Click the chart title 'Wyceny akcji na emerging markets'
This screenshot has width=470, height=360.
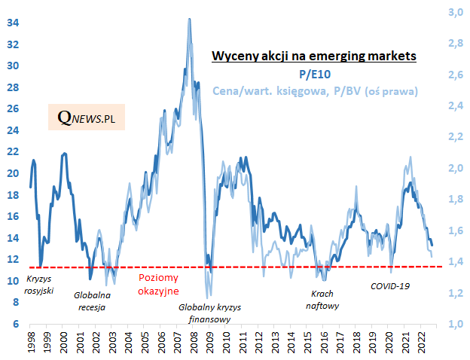pos(314,56)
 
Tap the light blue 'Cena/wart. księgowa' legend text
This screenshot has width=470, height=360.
pos(315,90)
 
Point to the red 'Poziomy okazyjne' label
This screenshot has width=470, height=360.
pos(158,284)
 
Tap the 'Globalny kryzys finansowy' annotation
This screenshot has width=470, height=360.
pos(205,313)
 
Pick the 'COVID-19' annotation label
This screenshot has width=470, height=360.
pos(390,286)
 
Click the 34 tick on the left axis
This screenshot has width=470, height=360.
pos(13,22)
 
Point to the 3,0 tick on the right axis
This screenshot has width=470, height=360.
pos(456,12)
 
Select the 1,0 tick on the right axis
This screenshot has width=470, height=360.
pos(456,325)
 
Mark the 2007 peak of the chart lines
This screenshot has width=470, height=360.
pos(189,20)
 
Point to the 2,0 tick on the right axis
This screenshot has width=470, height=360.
pos(456,168)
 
